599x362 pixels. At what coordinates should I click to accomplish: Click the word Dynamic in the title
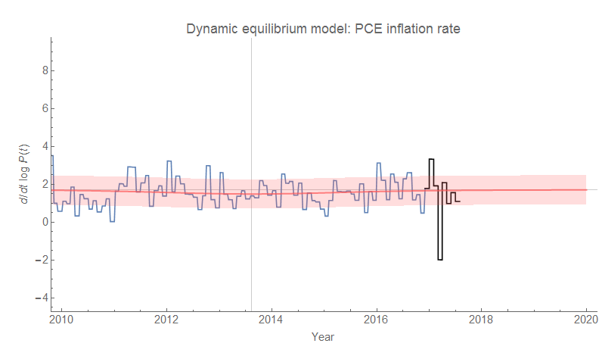(212, 29)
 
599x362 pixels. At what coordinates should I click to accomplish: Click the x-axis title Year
(323, 336)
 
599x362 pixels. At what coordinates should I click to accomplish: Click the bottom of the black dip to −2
(440, 260)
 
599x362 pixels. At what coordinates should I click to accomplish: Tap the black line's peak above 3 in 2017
(431, 159)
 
